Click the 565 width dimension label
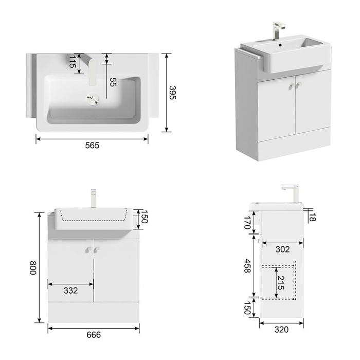click(x=92, y=146)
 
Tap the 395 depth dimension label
click(x=172, y=93)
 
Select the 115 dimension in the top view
click(x=73, y=62)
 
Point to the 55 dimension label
click(x=113, y=82)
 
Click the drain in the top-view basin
click(x=93, y=99)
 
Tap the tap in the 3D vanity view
click(x=278, y=30)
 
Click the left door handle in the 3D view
click(x=292, y=86)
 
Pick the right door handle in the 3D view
click(x=298, y=85)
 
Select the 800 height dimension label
click(x=33, y=267)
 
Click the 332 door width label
click(x=71, y=291)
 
